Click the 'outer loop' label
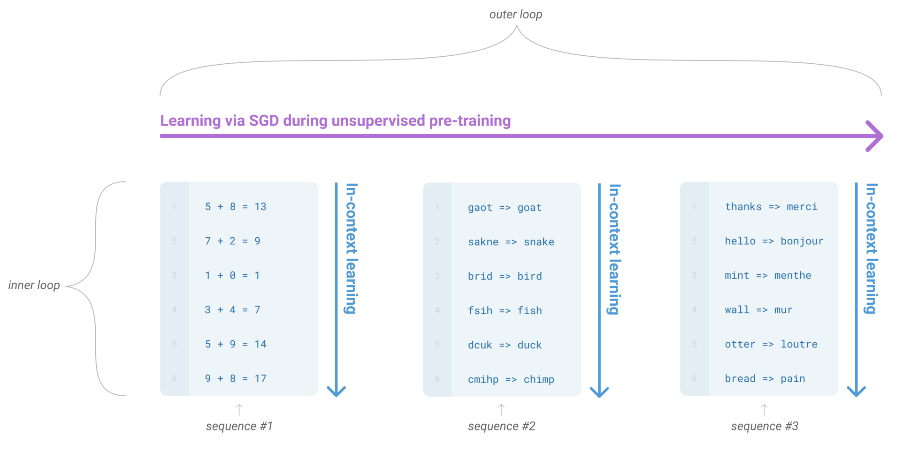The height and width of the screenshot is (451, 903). point(515,15)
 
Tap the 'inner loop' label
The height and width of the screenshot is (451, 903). point(34,285)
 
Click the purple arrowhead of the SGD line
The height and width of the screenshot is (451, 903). point(874,136)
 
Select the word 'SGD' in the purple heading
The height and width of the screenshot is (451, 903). point(264,121)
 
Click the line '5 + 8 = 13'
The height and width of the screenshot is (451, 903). point(235,207)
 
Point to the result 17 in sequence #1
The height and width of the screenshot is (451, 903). point(260,378)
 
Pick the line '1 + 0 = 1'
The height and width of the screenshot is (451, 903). point(232,276)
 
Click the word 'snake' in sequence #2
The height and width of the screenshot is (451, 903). point(539,242)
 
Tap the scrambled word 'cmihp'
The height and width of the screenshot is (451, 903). point(483,379)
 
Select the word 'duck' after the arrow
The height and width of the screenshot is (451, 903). point(529,345)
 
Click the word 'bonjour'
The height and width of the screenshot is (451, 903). point(802,241)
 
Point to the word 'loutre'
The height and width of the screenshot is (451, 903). point(799,344)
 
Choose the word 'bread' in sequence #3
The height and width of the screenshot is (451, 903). point(740,378)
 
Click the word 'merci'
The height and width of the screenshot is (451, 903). point(802,207)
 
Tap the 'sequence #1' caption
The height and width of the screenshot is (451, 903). point(239,426)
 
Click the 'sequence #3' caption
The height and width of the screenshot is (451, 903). point(765,426)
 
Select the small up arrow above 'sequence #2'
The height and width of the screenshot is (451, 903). point(501,410)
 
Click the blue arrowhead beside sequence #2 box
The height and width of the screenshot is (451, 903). point(599,392)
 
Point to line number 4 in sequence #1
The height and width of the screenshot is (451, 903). point(174,309)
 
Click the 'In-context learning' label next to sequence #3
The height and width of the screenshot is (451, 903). point(871,248)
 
